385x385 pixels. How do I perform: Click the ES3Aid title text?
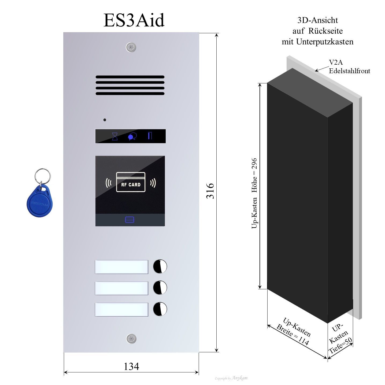[x=134, y=20]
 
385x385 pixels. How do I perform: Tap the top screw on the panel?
[x=131, y=48]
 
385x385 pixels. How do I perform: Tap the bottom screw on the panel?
[x=131, y=339]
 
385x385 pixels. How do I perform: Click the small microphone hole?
[x=105, y=120]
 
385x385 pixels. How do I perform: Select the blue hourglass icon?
[x=115, y=136]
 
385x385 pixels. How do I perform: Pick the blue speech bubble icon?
[x=132, y=136]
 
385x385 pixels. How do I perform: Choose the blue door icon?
[x=150, y=136]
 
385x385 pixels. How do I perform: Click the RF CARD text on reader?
[x=131, y=185]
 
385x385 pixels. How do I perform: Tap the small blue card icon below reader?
[x=130, y=220]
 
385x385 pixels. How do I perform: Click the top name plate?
[x=121, y=267]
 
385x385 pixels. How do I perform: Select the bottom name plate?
[x=121, y=310]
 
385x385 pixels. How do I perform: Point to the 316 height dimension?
[x=210, y=191]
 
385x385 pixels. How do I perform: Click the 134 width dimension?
[x=131, y=366]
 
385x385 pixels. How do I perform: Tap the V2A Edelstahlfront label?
[x=349, y=67]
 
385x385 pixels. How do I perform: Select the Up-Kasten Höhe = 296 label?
[x=254, y=193]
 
